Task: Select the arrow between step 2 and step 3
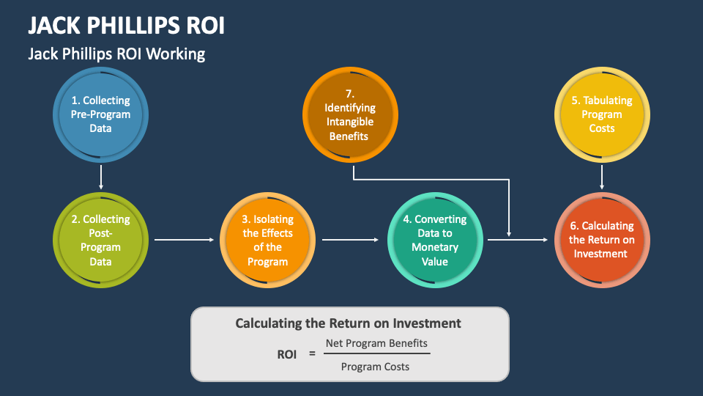(x=187, y=239)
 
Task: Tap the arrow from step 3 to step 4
(x=354, y=239)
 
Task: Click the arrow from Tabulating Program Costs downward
(x=601, y=177)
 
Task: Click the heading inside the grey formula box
(x=348, y=323)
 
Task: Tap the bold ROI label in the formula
(x=286, y=354)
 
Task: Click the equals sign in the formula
(x=311, y=354)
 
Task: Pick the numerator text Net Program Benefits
(x=376, y=342)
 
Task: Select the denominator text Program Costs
(x=375, y=366)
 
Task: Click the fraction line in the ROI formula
(x=376, y=353)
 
